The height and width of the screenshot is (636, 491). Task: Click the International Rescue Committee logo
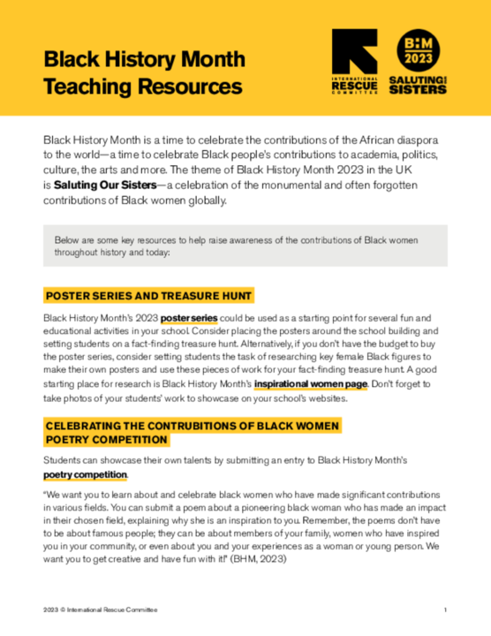(x=353, y=59)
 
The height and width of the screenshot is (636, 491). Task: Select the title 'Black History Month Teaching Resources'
(x=143, y=73)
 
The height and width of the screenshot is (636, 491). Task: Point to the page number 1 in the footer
(x=446, y=610)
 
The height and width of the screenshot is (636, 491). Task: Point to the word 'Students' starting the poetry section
(x=62, y=461)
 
